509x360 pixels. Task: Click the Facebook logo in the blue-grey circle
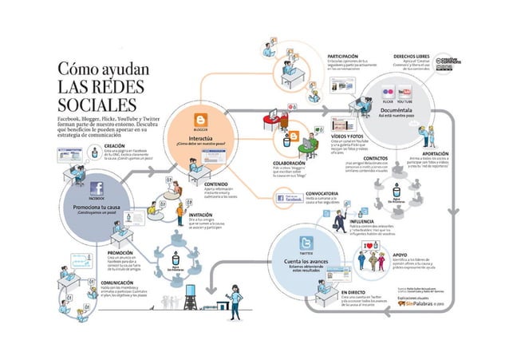[97, 188]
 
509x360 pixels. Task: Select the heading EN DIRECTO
[352, 292]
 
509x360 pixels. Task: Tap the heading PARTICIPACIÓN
[347, 57]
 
